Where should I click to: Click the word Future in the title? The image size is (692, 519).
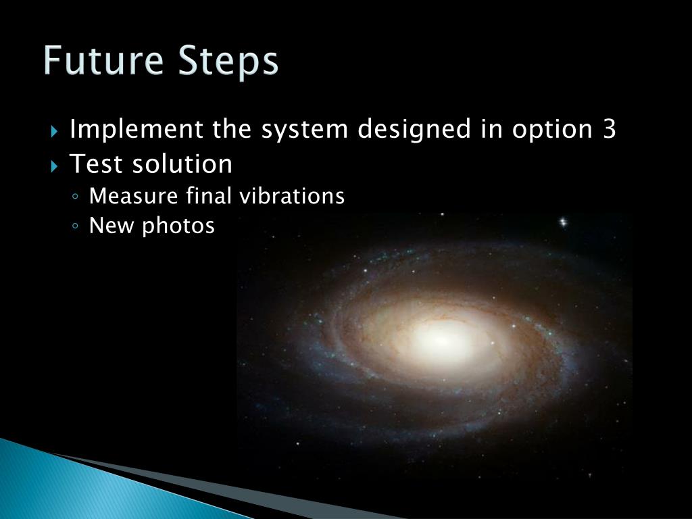pyautogui.click(x=103, y=61)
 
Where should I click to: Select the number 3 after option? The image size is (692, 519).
pyautogui.click(x=608, y=128)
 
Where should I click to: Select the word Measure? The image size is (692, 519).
pyautogui.click(x=132, y=197)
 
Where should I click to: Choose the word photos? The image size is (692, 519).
pyautogui.click(x=178, y=226)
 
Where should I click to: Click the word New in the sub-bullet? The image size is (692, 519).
pyautogui.click(x=112, y=226)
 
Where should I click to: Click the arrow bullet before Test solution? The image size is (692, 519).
pyautogui.click(x=55, y=164)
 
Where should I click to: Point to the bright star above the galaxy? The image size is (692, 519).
pyautogui.click(x=563, y=222)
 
